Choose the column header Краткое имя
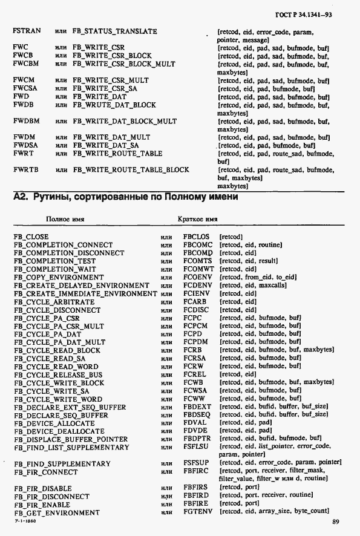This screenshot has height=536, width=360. [197, 219]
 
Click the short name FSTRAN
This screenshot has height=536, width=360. [27, 31]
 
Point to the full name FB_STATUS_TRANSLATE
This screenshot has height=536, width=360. [114, 31]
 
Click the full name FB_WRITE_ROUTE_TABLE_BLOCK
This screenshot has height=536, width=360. [131, 170]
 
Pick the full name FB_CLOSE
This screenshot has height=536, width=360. [31, 237]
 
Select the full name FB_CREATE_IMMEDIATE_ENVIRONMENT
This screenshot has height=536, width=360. [85, 293]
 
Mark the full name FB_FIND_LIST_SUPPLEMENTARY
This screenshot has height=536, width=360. [71, 448]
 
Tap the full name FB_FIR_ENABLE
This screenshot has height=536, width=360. [42, 505]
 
